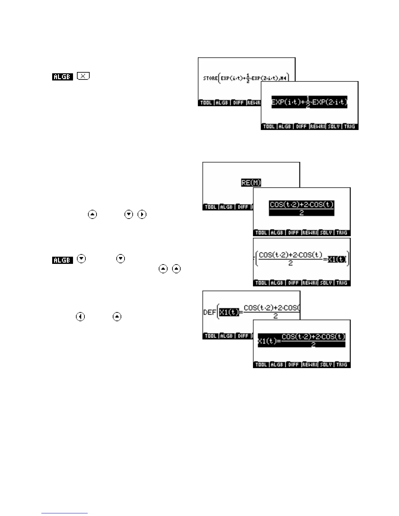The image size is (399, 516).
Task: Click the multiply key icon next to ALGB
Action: click(x=83, y=76)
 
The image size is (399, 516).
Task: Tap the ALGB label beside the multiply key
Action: click(x=62, y=77)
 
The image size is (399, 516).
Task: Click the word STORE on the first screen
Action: click(x=210, y=78)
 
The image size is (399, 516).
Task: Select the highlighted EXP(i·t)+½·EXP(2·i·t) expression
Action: click(x=309, y=102)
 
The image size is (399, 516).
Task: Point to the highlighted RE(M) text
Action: click(x=251, y=183)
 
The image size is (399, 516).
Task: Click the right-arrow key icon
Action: click(x=142, y=214)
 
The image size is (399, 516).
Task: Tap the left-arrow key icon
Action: click(x=80, y=317)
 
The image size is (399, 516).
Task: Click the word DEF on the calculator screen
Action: click(x=209, y=312)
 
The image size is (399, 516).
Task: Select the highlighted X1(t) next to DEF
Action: click(x=229, y=312)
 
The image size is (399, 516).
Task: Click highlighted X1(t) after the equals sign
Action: click(x=337, y=260)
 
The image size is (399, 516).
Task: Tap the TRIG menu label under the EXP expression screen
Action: click(x=349, y=126)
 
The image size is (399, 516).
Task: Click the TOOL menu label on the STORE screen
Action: click(x=206, y=103)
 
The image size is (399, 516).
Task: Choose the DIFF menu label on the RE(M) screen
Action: click(x=243, y=207)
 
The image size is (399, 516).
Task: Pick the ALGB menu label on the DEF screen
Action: click(x=226, y=336)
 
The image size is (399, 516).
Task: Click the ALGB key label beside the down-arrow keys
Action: click(x=62, y=260)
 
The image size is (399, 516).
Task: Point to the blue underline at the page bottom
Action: click(x=65, y=513)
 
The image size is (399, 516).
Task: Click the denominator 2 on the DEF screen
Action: click(x=275, y=316)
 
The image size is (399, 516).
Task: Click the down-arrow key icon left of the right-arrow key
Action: click(x=129, y=214)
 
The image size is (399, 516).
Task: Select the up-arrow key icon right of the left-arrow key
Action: click(x=117, y=317)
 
